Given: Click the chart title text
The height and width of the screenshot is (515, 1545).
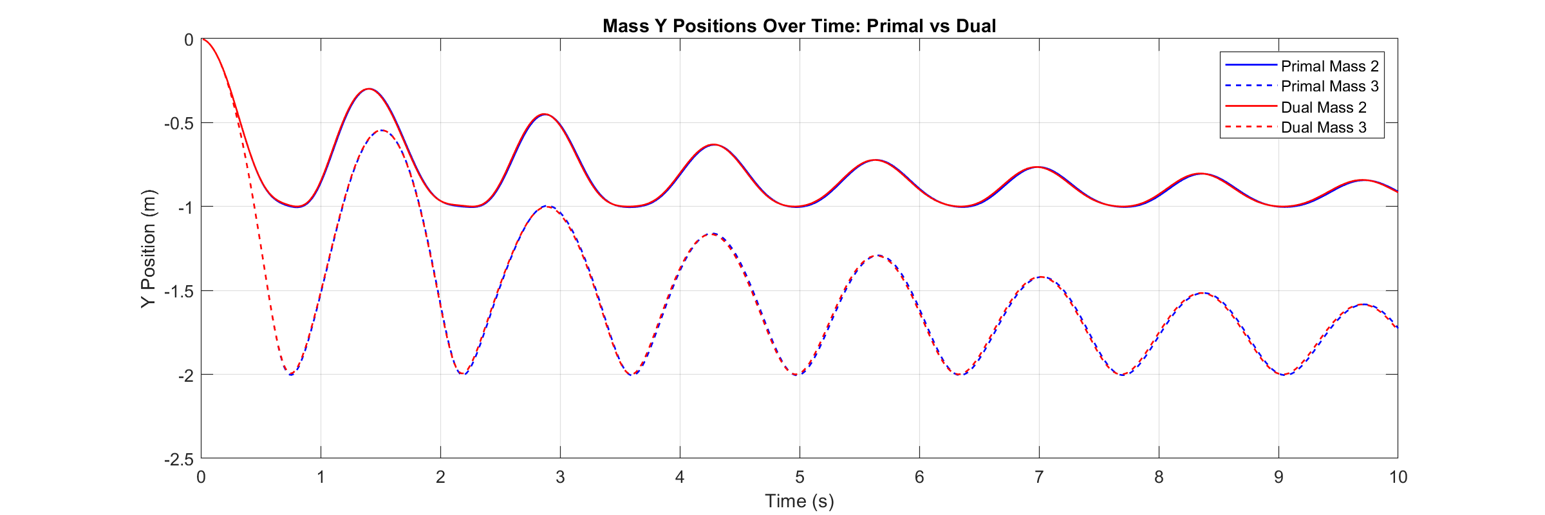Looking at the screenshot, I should [799, 26].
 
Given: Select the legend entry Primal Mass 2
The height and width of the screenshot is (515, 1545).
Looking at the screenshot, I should [1329, 66].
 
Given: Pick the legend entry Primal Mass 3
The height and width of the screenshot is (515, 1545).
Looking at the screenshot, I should [1329, 86].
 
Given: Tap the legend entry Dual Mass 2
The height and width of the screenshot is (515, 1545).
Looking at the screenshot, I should [1323, 107].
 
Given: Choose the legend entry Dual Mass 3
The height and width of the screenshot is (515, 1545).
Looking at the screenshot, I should [1323, 127].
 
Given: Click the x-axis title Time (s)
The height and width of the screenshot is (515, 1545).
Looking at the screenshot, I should [799, 501].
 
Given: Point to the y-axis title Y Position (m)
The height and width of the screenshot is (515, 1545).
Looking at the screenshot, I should [148, 248].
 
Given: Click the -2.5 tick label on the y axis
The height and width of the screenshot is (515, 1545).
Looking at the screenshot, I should [179, 460].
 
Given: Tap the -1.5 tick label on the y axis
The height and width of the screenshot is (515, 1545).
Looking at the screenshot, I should [179, 292].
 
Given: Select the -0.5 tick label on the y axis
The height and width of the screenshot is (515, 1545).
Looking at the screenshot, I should [179, 124].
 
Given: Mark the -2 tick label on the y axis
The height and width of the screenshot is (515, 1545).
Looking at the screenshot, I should [185, 375].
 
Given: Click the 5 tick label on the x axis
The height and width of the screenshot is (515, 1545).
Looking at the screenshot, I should [800, 477].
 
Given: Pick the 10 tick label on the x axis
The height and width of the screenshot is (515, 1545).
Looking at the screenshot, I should [1398, 477].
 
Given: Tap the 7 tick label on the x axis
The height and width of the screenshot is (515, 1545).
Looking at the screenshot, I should [1039, 477].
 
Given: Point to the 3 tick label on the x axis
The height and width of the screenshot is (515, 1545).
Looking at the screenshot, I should [560, 477].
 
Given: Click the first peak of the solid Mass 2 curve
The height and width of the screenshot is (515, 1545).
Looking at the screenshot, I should [368, 89].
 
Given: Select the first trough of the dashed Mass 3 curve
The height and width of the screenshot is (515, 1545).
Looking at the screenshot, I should [291, 375].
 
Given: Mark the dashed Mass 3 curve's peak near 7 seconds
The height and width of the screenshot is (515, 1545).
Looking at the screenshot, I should [1040, 277].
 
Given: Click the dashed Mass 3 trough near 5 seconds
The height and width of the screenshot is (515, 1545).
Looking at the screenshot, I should [798, 375].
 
